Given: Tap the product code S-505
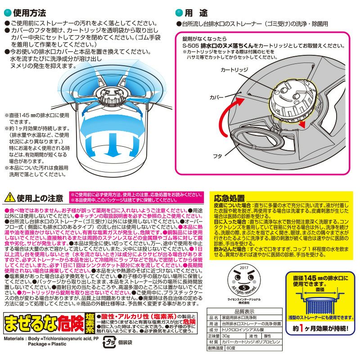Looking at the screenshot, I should click(191, 46).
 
